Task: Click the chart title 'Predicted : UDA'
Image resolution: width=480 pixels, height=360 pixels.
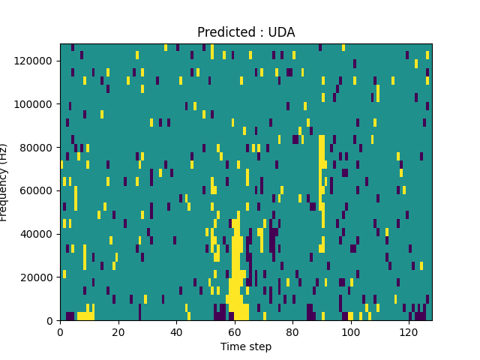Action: (246, 32)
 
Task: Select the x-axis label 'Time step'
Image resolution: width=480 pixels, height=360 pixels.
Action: (246, 346)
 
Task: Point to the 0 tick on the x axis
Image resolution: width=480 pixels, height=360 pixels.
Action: (60, 331)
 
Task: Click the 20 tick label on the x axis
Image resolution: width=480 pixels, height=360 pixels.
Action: (118, 331)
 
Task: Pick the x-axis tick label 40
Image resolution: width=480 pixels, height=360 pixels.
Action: (176, 331)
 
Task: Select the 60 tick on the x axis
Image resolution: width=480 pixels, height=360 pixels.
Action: (235, 331)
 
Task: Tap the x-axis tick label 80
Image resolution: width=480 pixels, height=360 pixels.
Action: (292, 331)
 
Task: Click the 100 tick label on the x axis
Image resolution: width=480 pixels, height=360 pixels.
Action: (351, 331)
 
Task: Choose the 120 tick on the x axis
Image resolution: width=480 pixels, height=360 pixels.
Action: (409, 331)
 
